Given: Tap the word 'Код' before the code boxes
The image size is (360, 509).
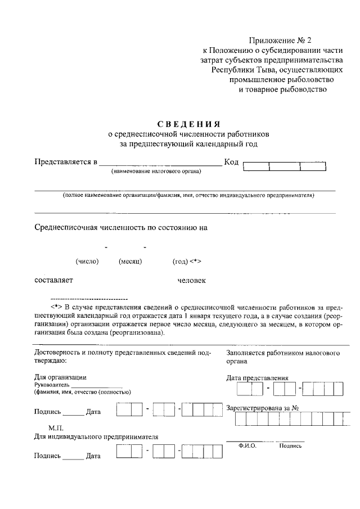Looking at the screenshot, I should click(232, 163).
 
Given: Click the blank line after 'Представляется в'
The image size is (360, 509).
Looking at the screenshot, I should click(161, 165).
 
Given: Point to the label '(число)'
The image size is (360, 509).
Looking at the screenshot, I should click(87, 261).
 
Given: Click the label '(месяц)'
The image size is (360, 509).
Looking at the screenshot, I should click(130, 261).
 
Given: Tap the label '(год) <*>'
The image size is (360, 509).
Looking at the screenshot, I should click(187, 261).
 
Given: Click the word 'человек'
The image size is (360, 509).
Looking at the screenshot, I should click(192, 280).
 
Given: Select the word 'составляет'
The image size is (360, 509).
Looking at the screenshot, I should click(53, 280).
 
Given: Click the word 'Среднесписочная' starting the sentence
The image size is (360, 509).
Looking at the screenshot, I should click(69, 228).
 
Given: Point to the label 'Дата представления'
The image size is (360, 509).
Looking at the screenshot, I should click(257, 378).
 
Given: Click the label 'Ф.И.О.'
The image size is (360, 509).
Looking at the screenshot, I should click(247, 445).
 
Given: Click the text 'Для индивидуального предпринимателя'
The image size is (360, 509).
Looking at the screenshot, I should click(96, 436).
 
